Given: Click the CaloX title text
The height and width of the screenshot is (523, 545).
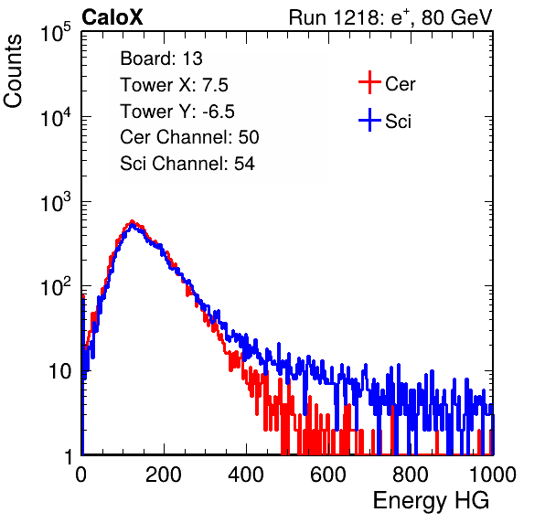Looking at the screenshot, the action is (112, 17).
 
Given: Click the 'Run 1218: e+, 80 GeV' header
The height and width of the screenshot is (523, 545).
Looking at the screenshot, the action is (390, 17).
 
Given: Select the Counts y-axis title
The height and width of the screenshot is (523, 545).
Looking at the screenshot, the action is (13, 71).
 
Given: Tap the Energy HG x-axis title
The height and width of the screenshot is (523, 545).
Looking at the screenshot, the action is (431, 501).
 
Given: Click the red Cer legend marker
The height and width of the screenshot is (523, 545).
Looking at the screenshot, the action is (369, 82).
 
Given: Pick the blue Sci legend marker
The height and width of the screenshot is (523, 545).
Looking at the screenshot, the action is (369, 120).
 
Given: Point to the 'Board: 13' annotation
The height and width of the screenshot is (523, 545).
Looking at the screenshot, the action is (161, 59).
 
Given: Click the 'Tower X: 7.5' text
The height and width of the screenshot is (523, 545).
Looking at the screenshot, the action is (174, 85).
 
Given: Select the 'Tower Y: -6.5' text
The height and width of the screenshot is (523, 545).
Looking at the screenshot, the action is (177, 112).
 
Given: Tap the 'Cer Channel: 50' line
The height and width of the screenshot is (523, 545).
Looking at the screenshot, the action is (189, 137).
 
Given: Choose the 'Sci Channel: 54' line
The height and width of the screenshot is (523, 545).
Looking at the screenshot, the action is (187, 164).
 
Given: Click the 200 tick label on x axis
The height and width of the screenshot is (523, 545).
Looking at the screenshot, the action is (164, 475).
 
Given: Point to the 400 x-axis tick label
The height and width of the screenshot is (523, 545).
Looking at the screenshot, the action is (246, 475).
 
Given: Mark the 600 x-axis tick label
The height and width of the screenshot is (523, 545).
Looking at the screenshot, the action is (328, 475).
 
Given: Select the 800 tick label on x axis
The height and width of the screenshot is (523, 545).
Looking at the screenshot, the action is (411, 475).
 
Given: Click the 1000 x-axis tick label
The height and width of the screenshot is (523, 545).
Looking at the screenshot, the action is (493, 475).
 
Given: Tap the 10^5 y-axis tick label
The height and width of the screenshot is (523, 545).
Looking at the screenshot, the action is (56, 33).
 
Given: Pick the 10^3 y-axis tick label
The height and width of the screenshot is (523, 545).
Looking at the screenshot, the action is (56, 202).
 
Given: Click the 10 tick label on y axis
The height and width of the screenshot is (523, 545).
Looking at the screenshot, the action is (60, 371).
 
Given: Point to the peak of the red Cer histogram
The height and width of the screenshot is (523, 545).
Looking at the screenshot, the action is (132, 221).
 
